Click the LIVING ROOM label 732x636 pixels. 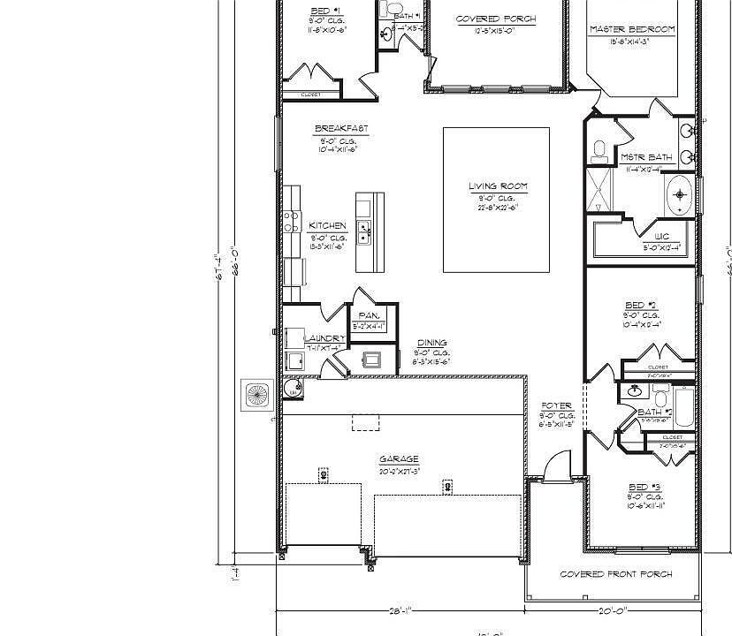[x=498, y=186]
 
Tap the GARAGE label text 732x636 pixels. [x=399, y=459]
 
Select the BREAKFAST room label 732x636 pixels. [x=341, y=129]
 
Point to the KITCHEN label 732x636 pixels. [x=328, y=226]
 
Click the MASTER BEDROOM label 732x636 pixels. [x=631, y=29]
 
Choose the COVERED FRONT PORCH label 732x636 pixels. [x=616, y=574]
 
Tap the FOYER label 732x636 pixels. [x=557, y=405]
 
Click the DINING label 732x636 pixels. [x=432, y=343]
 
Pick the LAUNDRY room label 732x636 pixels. [x=325, y=338]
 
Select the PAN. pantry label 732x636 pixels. [x=369, y=315]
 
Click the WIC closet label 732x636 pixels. [x=661, y=237]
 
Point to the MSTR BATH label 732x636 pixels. [x=645, y=157]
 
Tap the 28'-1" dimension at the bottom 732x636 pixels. [x=400, y=610]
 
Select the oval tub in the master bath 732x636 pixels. [x=679, y=195]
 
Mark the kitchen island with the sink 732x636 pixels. [x=370, y=231]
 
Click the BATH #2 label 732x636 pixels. [x=655, y=413]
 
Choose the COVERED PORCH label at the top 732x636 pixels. [x=495, y=19]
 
